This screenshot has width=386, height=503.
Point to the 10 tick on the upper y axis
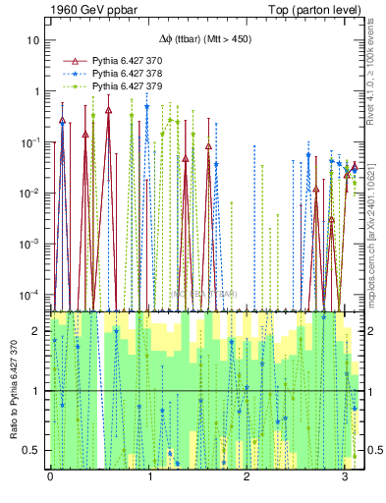click(34, 40)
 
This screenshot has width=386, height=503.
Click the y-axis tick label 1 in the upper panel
click(38, 91)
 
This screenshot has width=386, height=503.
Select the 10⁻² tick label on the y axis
click(33, 193)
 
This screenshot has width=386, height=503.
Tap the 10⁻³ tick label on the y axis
click(33, 243)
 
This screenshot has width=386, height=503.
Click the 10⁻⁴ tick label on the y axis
click(33, 294)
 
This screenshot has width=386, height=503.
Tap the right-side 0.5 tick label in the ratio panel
click(372, 450)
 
